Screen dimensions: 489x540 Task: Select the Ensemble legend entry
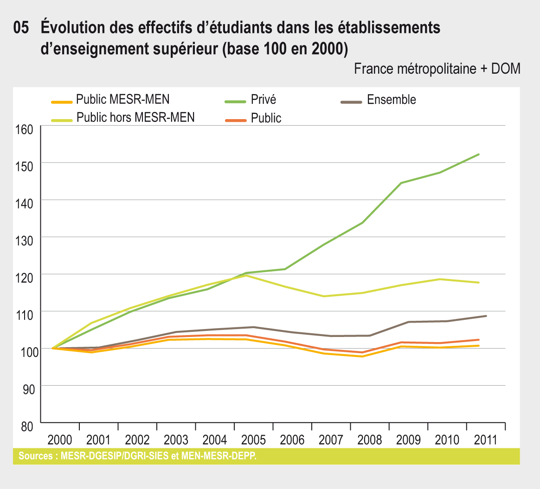click(391, 100)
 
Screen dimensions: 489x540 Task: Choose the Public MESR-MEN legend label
click(123, 100)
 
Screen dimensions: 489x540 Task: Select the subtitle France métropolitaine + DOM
click(437, 69)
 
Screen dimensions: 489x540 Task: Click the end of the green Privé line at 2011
click(479, 154)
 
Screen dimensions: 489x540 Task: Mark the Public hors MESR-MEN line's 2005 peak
click(246, 276)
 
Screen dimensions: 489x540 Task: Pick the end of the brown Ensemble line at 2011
click(486, 316)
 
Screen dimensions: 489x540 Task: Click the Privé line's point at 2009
click(401, 183)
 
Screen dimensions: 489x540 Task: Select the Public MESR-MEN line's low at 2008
click(362, 356)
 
